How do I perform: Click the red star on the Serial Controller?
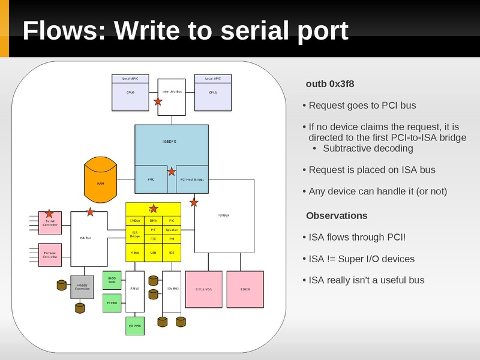(x=49, y=214)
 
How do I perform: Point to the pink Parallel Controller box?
(x=50, y=255)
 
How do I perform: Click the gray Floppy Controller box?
(x=83, y=287)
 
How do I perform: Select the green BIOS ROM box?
(x=112, y=280)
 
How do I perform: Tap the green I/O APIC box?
(x=135, y=326)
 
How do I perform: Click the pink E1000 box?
(x=245, y=289)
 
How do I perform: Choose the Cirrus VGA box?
(x=204, y=289)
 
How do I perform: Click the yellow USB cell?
(x=153, y=253)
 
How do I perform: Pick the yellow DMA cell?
(x=153, y=221)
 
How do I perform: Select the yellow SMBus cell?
(x=135, y=221)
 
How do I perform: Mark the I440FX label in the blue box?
(x=169, y=141)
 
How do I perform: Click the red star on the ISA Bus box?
(x=90, y=212)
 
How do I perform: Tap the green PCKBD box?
(x=112, y=303)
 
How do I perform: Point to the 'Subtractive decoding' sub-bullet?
(x=368, y=148)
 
